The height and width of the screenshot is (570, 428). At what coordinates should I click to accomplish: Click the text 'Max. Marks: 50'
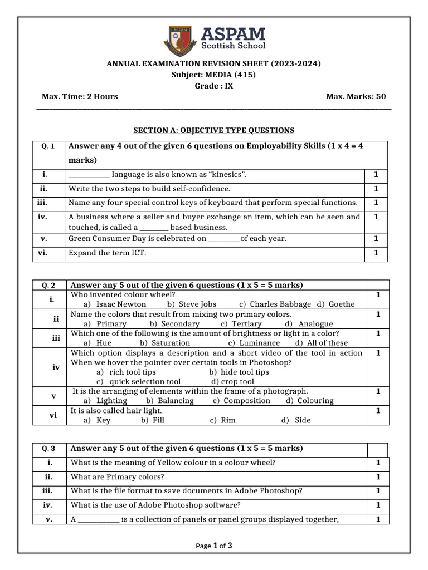click(x=356, y=96)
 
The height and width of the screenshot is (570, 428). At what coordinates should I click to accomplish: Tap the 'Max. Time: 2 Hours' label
click(x=80, y=96)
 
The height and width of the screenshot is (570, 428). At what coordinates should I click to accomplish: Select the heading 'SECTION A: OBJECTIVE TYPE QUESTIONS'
click(x=213, y=130)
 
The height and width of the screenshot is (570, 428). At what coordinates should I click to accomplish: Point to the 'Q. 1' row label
click(x=48, y=146)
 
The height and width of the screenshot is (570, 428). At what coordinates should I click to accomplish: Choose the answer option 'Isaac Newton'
click(x=121, y=304)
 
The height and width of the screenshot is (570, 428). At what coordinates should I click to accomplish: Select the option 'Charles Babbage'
click(x=280, y=304)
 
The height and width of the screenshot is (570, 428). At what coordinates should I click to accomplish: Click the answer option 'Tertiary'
click(x=246, y=323)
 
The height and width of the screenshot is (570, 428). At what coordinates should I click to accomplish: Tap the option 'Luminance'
click(x=259, y=343)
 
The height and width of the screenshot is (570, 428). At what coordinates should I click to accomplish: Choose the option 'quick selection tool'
click(x=144, y=381)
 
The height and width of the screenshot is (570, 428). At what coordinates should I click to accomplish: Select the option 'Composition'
click(x=246, y=400)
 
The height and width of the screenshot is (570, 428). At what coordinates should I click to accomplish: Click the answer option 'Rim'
click(x=228, y=420)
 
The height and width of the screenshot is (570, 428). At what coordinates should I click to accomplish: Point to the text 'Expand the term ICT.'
click(x=106, y=253)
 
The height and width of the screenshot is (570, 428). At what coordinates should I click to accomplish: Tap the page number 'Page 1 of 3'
click(x=214, y=546)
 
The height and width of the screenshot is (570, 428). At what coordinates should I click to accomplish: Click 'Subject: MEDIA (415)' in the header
click(x=213, y=75)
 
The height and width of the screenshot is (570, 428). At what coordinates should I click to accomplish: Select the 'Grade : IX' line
click(x=213, y=86)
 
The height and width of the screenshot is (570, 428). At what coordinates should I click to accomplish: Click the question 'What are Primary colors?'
click(x=117, y=477)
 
